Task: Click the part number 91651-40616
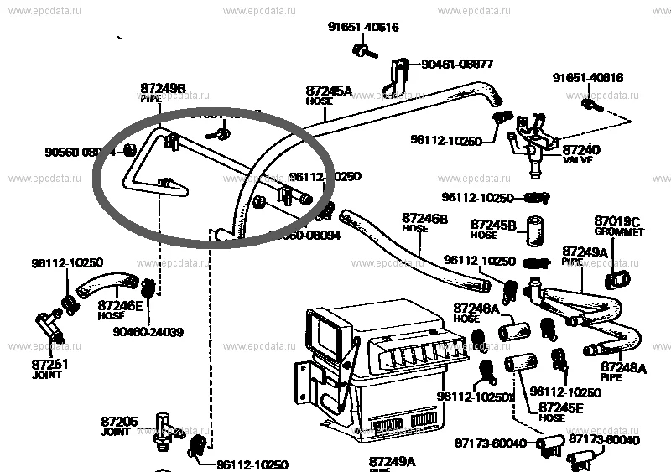pos(362,28)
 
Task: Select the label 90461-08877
pos(457,64)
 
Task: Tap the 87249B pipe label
pos(162,91)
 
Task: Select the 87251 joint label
pos(50,369)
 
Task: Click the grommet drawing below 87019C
pos(617,278)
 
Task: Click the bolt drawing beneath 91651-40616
pos(360,54)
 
